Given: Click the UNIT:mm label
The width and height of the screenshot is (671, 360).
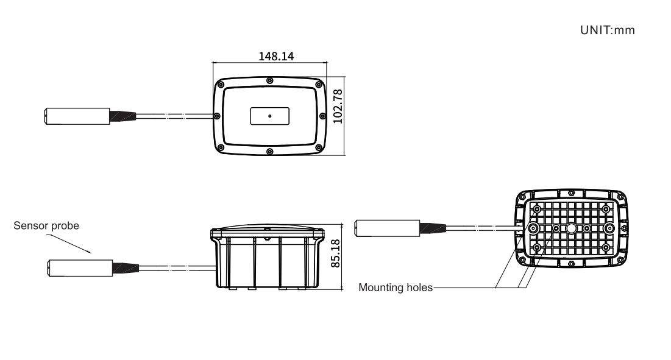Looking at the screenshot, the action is pos(607,30).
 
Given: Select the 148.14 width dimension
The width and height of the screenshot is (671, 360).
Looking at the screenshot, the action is pos(276,57).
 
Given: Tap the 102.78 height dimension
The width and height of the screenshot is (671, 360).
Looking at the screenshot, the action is pos(338,107).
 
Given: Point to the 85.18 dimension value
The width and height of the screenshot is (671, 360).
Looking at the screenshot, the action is pos(335,253).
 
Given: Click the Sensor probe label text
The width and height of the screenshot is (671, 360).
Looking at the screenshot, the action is pos(46,226).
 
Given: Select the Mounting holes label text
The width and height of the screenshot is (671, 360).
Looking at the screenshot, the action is pos(396,288).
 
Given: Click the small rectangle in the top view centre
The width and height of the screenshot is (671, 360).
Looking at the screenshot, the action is pos(269,116).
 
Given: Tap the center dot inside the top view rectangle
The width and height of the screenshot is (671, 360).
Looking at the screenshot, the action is pos(269,116).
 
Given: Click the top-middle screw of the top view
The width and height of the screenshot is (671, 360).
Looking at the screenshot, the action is pos(269,81).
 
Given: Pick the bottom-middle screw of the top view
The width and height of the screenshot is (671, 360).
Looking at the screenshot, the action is pos(269,151).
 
